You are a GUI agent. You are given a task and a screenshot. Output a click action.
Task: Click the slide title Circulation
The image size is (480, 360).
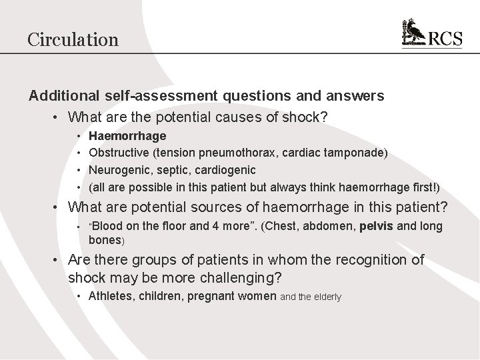tap(73, 39)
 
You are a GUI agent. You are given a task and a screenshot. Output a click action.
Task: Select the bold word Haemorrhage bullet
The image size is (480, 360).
tap(127, 136)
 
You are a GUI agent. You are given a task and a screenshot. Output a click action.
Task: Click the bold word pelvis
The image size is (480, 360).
tap(379, 226)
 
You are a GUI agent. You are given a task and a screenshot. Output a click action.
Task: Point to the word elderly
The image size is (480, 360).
tap(326, 296)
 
